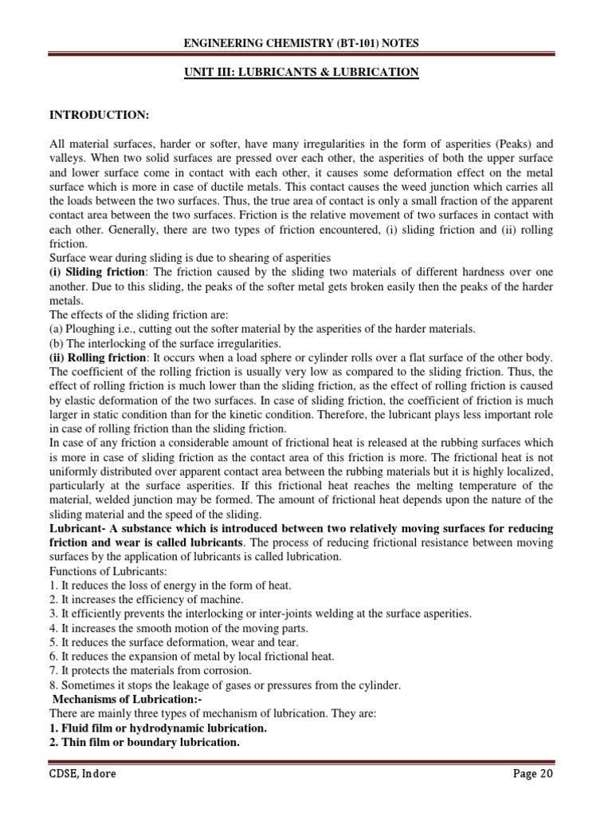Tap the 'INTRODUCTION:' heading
tap(100, 116)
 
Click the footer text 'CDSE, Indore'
tap(83, 773)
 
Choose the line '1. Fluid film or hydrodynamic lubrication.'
tap(159, 728)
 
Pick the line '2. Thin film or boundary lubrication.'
tap(144, 743)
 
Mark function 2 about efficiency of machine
tap(147, 598)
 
